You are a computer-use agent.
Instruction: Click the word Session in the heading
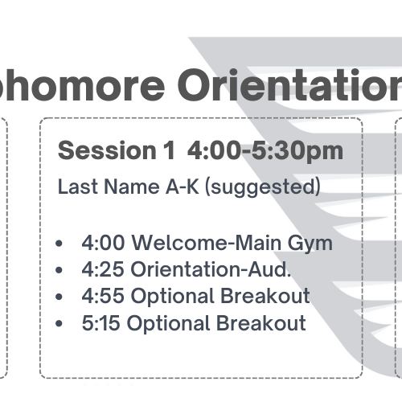pyautogui.click(x=107, y=150)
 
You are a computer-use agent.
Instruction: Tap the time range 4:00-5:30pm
pyautogui.click(x=265, y=151)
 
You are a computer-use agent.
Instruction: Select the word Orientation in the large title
pyautogui.click(x=289, y=84)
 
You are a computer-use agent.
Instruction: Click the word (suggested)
pyautogui.click(x=263, y=187)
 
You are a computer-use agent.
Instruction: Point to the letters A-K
pyautogui.click(x=183, y=187)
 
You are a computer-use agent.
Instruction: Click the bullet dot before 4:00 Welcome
pyautogui.click(x=59, y=244)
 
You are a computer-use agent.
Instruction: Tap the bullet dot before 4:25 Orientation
pyautogui.click(x=59, y=269)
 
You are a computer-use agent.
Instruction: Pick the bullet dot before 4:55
pyautogui.click(x=59, y=297)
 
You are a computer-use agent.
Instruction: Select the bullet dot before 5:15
pyautogui.click(x=59, y=323)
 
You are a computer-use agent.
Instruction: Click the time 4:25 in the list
pyautogui.click(x=103, y=269)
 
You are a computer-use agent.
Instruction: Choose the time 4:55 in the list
pyautogui.click(x=103, y=296)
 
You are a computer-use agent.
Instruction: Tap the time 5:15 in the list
pyautogui.click(x=100, y=322)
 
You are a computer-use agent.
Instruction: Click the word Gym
pyautogui.click(x=310, y=244)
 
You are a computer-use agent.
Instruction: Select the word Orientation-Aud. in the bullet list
pyautogui.click(x=211, y=269)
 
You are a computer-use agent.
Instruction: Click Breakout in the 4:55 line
pyautogui.click(x=265, y=296)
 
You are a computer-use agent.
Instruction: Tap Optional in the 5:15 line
pyautogui.click(x=168, y=324)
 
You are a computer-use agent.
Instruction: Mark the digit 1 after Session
pyautogui.click(x=170, y=150)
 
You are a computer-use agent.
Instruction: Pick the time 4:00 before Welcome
pyautogui.click(x=103, y=243)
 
